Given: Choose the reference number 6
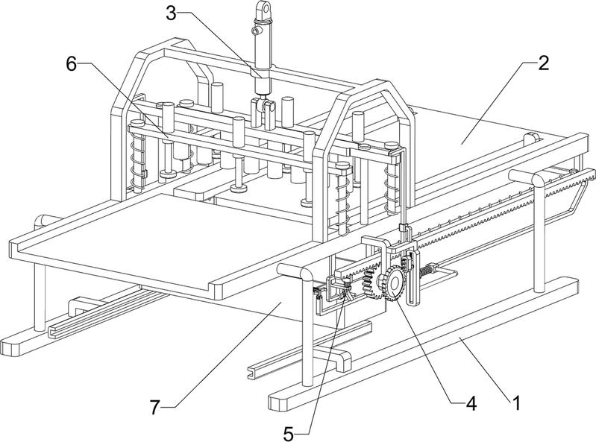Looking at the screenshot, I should tap(72, 63).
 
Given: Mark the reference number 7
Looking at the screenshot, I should tap(155, 406).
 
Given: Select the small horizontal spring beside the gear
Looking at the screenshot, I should tap(427, 270).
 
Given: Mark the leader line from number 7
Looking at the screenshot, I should tap(224, 353).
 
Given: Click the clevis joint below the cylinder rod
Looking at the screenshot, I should tap(262, 109).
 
